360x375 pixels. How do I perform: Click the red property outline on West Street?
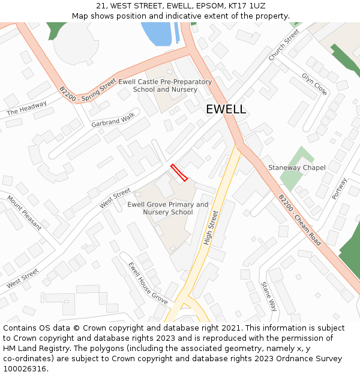(179, 172)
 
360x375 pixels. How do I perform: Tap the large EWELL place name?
(226, 109)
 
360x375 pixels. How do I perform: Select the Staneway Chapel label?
(296, 167)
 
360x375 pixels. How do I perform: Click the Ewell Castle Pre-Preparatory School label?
(165, 85)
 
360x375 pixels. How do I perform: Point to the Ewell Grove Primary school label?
(167, 208)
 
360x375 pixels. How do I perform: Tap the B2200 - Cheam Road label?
(299, 220)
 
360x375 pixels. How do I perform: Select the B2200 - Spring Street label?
(88, 87)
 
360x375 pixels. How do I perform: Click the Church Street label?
(284, 44)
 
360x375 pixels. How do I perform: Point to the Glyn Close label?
(314, 84)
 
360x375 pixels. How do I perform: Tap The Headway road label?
(26, 109)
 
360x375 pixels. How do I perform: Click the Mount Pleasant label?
(24, 212)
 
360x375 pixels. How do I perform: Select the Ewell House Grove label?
(148, 281)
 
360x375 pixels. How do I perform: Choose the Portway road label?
(340, 188)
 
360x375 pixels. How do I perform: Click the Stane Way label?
(269, 296)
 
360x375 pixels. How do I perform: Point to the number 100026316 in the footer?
(25, 368)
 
